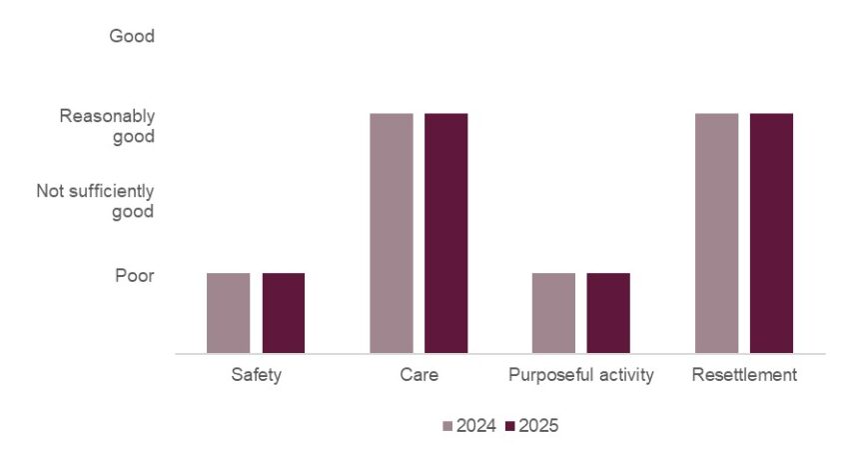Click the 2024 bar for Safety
228,313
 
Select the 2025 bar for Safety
284,313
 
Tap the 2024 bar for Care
391,233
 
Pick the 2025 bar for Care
445,233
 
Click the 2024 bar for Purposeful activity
553,313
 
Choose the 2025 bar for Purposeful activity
608,313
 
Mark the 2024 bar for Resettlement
716,233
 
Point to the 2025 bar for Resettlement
771,233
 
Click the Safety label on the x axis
256,376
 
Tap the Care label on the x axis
418,376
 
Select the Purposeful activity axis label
580,376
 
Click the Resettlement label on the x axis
744,376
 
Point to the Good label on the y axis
132,37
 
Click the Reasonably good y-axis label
107,126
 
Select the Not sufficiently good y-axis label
96,201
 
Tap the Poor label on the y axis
134,275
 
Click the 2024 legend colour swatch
447,427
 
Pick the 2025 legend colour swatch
510,427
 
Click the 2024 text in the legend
475,427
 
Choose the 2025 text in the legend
538,427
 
